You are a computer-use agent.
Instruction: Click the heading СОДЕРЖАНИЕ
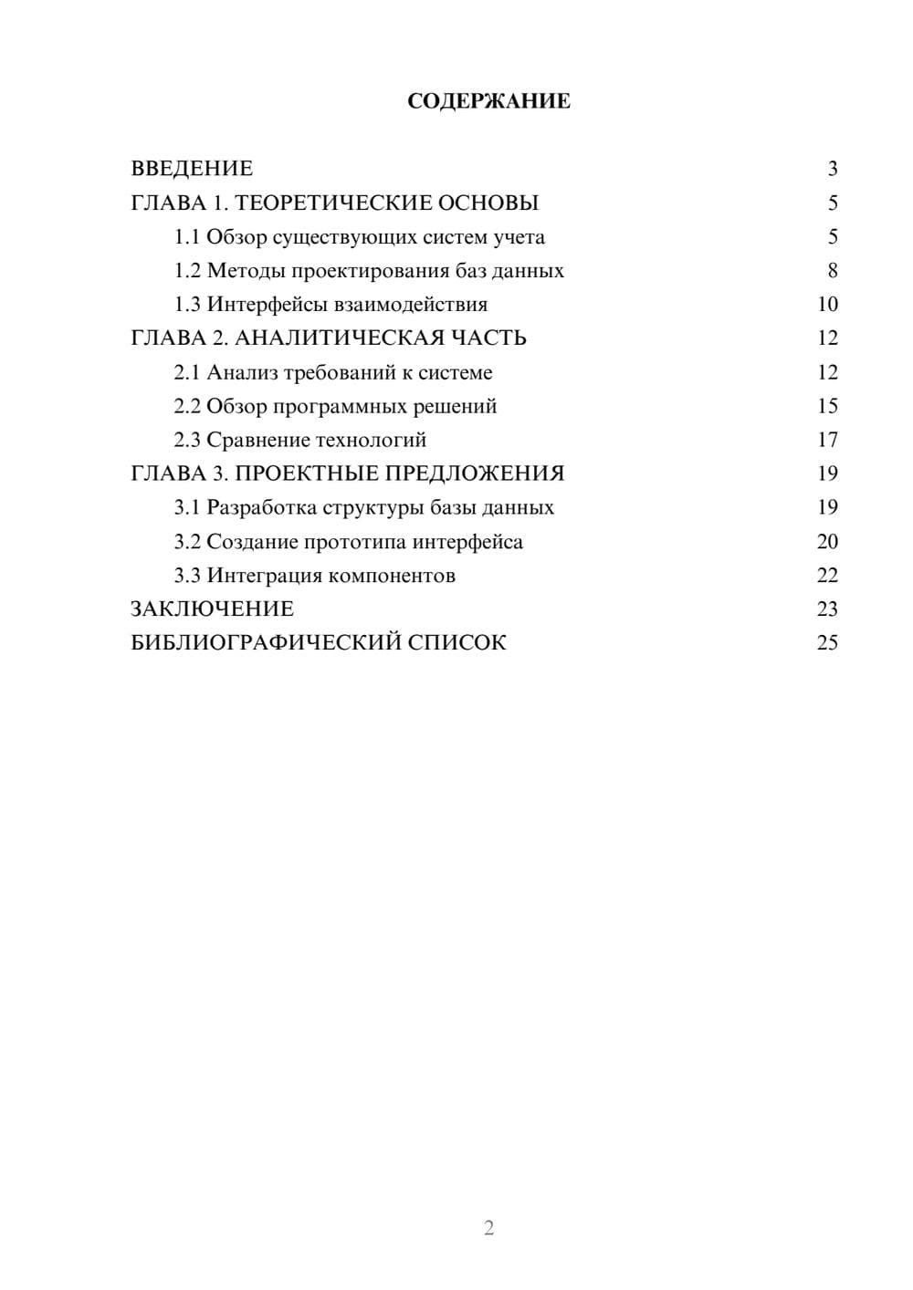click(488, 101)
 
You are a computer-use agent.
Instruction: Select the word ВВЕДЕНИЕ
click(192, 169)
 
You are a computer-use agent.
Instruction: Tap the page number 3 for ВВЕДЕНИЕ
click(832, 169)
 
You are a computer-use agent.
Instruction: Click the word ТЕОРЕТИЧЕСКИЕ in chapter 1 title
click(331, 203)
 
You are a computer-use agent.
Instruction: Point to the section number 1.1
click(187, 237)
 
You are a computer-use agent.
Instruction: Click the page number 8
click(832, 271)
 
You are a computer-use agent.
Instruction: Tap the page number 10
click(827, 305)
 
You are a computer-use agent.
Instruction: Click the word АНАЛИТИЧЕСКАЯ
click(340, 338)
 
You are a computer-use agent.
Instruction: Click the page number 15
click(827, 406)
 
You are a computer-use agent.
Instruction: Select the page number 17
click(827, 440)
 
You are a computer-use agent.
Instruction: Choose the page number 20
click(827, 542)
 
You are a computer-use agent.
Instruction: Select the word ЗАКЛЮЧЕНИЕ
click(212, 609)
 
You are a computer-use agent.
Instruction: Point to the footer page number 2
click(488, 1228)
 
